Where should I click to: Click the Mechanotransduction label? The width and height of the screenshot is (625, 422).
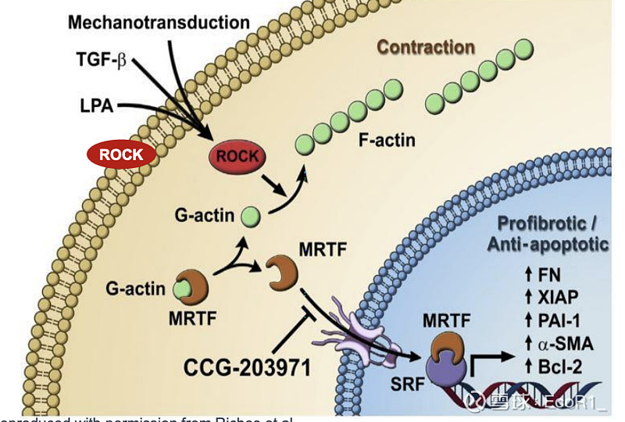tap(158, 21)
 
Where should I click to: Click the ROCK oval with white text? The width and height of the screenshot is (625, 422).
tap(121, 154)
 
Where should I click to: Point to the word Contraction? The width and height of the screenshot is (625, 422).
tap(426, 47)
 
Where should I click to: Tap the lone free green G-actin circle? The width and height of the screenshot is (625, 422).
tap(250, 213)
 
